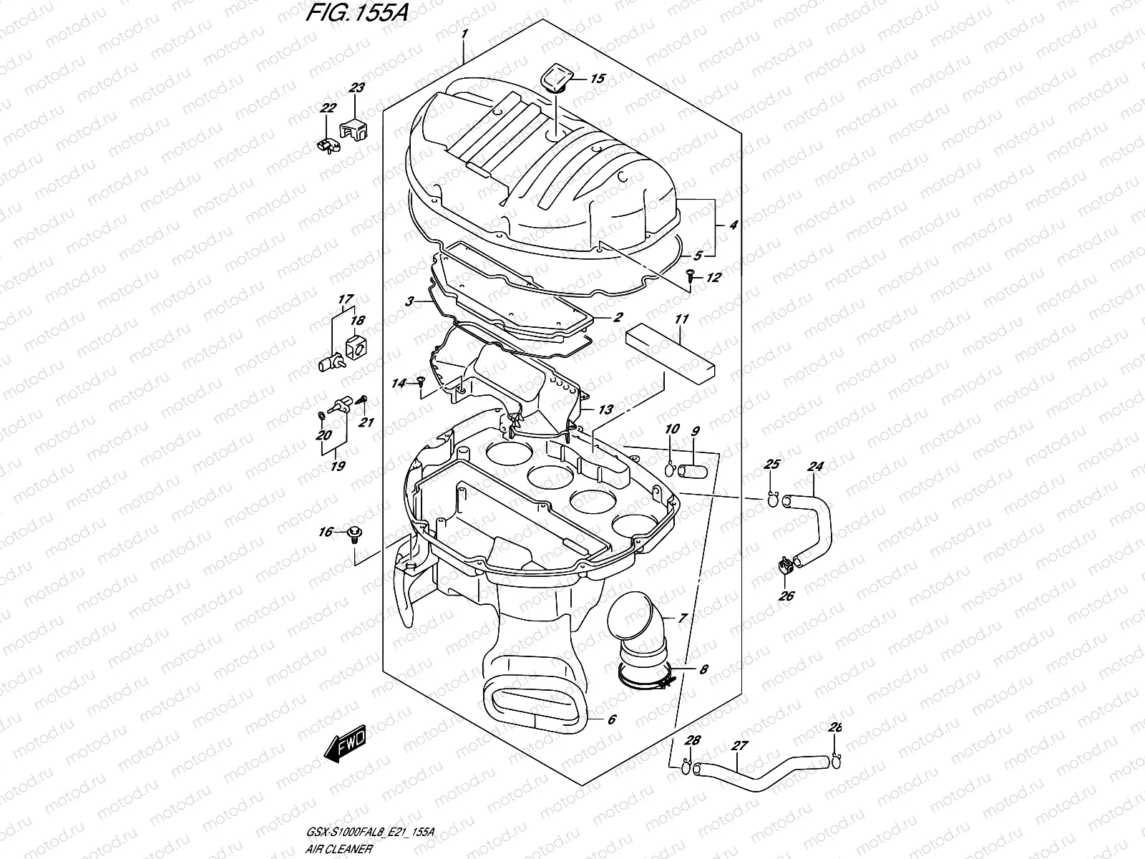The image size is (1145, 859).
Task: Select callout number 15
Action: [x=597, y=79]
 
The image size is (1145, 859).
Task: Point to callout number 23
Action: [x=356, y=88]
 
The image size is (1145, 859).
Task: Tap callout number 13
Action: [x=605, y=410]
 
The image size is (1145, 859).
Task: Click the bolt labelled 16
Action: [x=355, y=534]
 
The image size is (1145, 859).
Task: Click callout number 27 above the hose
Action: [x=739, y=746]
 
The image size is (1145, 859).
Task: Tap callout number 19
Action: [x=338, y=466]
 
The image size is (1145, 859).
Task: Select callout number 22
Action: [x=328, y=108]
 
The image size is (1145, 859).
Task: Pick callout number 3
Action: [x=409, y=302]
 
